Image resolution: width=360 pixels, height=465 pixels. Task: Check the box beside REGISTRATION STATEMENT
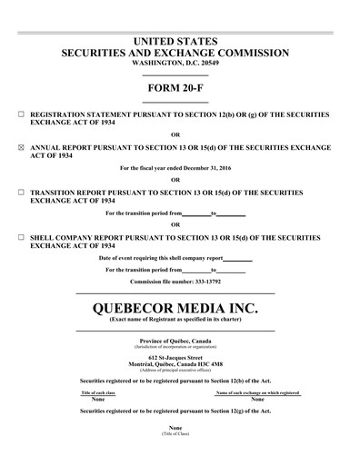click(22, 115)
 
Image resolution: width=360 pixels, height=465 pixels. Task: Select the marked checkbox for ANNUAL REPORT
click(22, 145)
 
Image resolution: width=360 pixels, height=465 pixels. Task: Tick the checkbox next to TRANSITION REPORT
click(22, 193)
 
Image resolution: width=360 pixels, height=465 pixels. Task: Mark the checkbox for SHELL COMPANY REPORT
click(22, 236)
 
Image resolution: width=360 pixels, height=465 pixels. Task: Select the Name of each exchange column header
click(257, 392)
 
